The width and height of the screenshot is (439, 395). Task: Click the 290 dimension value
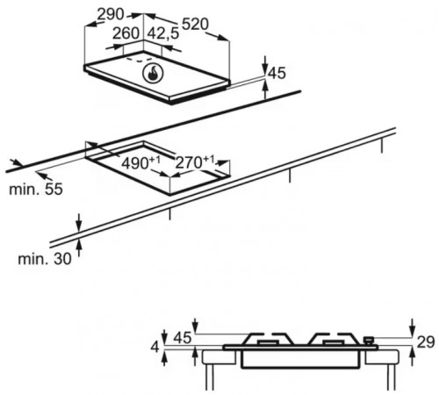pyautogui.click(x=111, y=14)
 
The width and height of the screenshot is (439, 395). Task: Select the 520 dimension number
pyautogui.click(x=195, y=25)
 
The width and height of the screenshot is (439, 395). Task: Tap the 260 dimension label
pyautogui.click(x=126, y=33)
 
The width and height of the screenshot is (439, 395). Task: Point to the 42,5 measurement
pyautogui.click(x=162, y=33)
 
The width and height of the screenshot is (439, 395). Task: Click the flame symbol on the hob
pyautogui.click(x=153, y=74)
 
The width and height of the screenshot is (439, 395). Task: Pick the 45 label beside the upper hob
pyautogui.click(x=277, y=73)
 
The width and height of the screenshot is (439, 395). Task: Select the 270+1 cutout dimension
pyautogui.click(x=195, y=162)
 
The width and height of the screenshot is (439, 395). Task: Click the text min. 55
pyautogui.click(x=36, y=189)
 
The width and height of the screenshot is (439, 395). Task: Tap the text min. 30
pyautogui.click(x=45, y=259)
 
